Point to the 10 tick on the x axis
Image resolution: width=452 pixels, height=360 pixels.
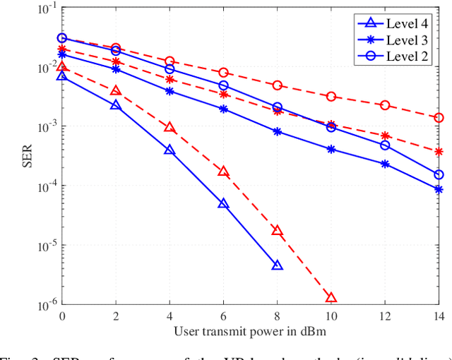331,316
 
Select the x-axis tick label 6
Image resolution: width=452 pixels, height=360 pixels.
223,316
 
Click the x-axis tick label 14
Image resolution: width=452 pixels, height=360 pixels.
438,316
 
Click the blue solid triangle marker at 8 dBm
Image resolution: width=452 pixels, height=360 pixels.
277,265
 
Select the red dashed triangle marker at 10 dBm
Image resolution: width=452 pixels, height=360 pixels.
331,298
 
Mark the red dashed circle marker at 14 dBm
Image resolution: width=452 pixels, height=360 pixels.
439,118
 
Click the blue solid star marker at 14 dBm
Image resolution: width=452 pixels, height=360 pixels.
439,190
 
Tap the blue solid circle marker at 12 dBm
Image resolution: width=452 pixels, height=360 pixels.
385,145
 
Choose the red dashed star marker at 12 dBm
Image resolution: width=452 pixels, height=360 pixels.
385,136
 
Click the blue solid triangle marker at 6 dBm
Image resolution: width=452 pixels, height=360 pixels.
223,203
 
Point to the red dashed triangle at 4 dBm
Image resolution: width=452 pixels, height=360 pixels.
169,128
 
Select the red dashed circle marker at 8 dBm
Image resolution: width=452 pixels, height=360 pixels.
278,85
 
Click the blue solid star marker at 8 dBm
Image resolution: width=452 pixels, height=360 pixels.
278,131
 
